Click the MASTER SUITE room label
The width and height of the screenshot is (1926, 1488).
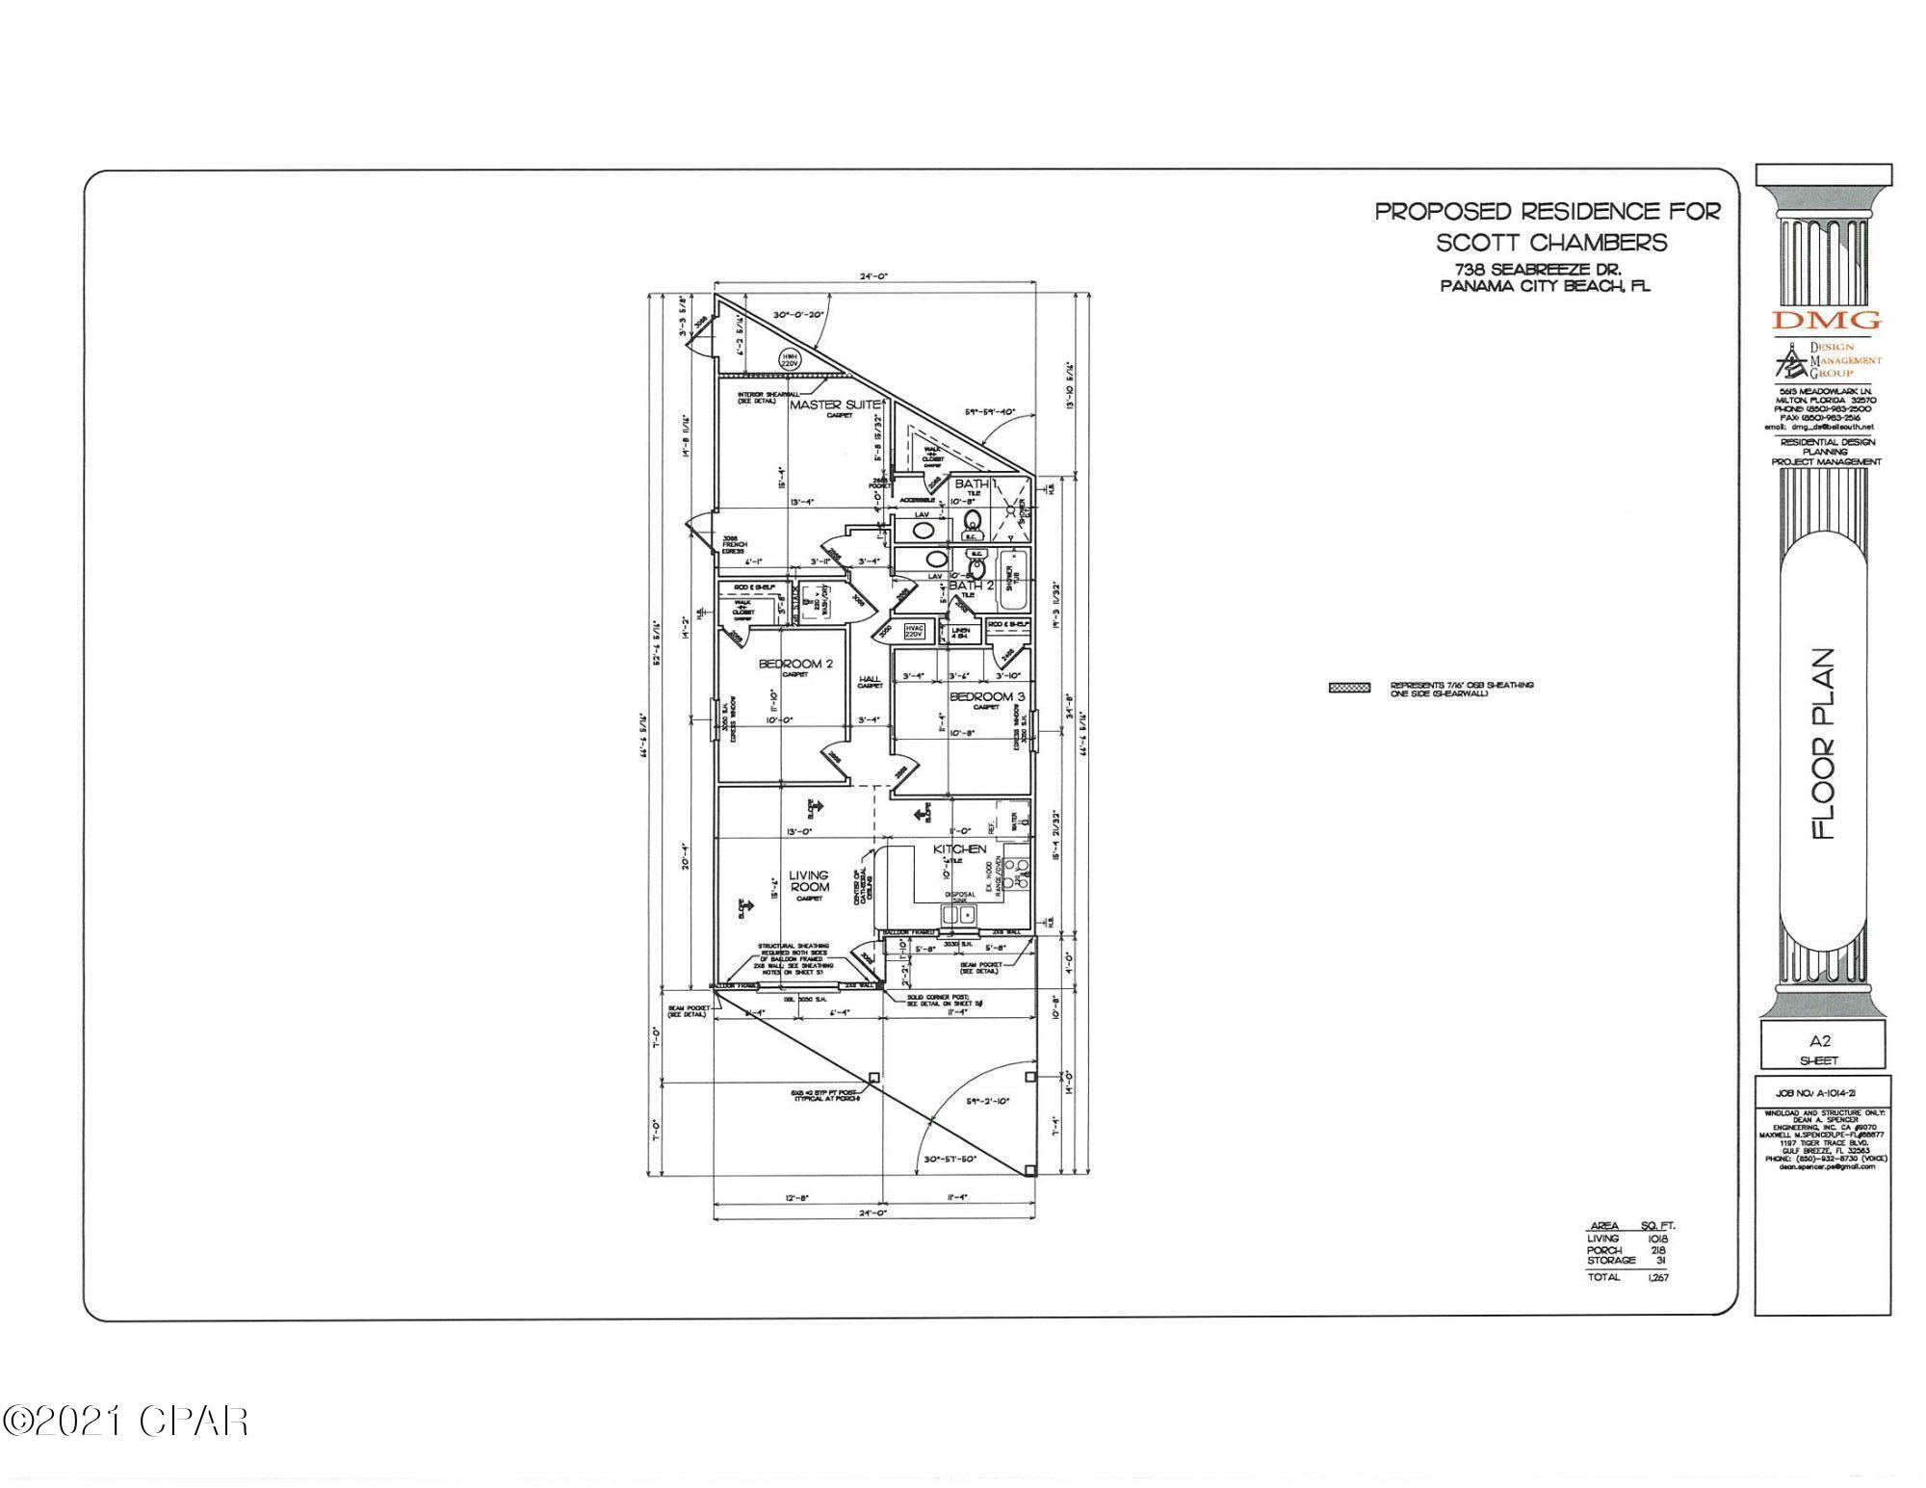click(834, 405)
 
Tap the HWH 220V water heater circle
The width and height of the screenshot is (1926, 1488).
click(789, 361)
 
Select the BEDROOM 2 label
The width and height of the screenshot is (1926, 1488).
click(795, 664)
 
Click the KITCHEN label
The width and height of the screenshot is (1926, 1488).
click(960, 848)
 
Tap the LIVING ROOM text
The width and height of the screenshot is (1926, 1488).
click(809, 881)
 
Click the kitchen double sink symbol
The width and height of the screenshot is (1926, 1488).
click(958, 914)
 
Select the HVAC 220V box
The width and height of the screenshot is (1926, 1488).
click(914, 631)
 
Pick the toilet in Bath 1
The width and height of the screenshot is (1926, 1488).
click(973, 524)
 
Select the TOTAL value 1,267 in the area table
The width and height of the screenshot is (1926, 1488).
click(1657, 1277)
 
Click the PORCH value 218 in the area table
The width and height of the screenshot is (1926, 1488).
click(1658, 1249)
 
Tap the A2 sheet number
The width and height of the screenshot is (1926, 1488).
click(1819, 1041)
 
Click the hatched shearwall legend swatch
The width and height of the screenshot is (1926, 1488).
click(1349, 688)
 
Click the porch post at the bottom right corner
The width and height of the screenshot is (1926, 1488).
click(1029, 1171)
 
